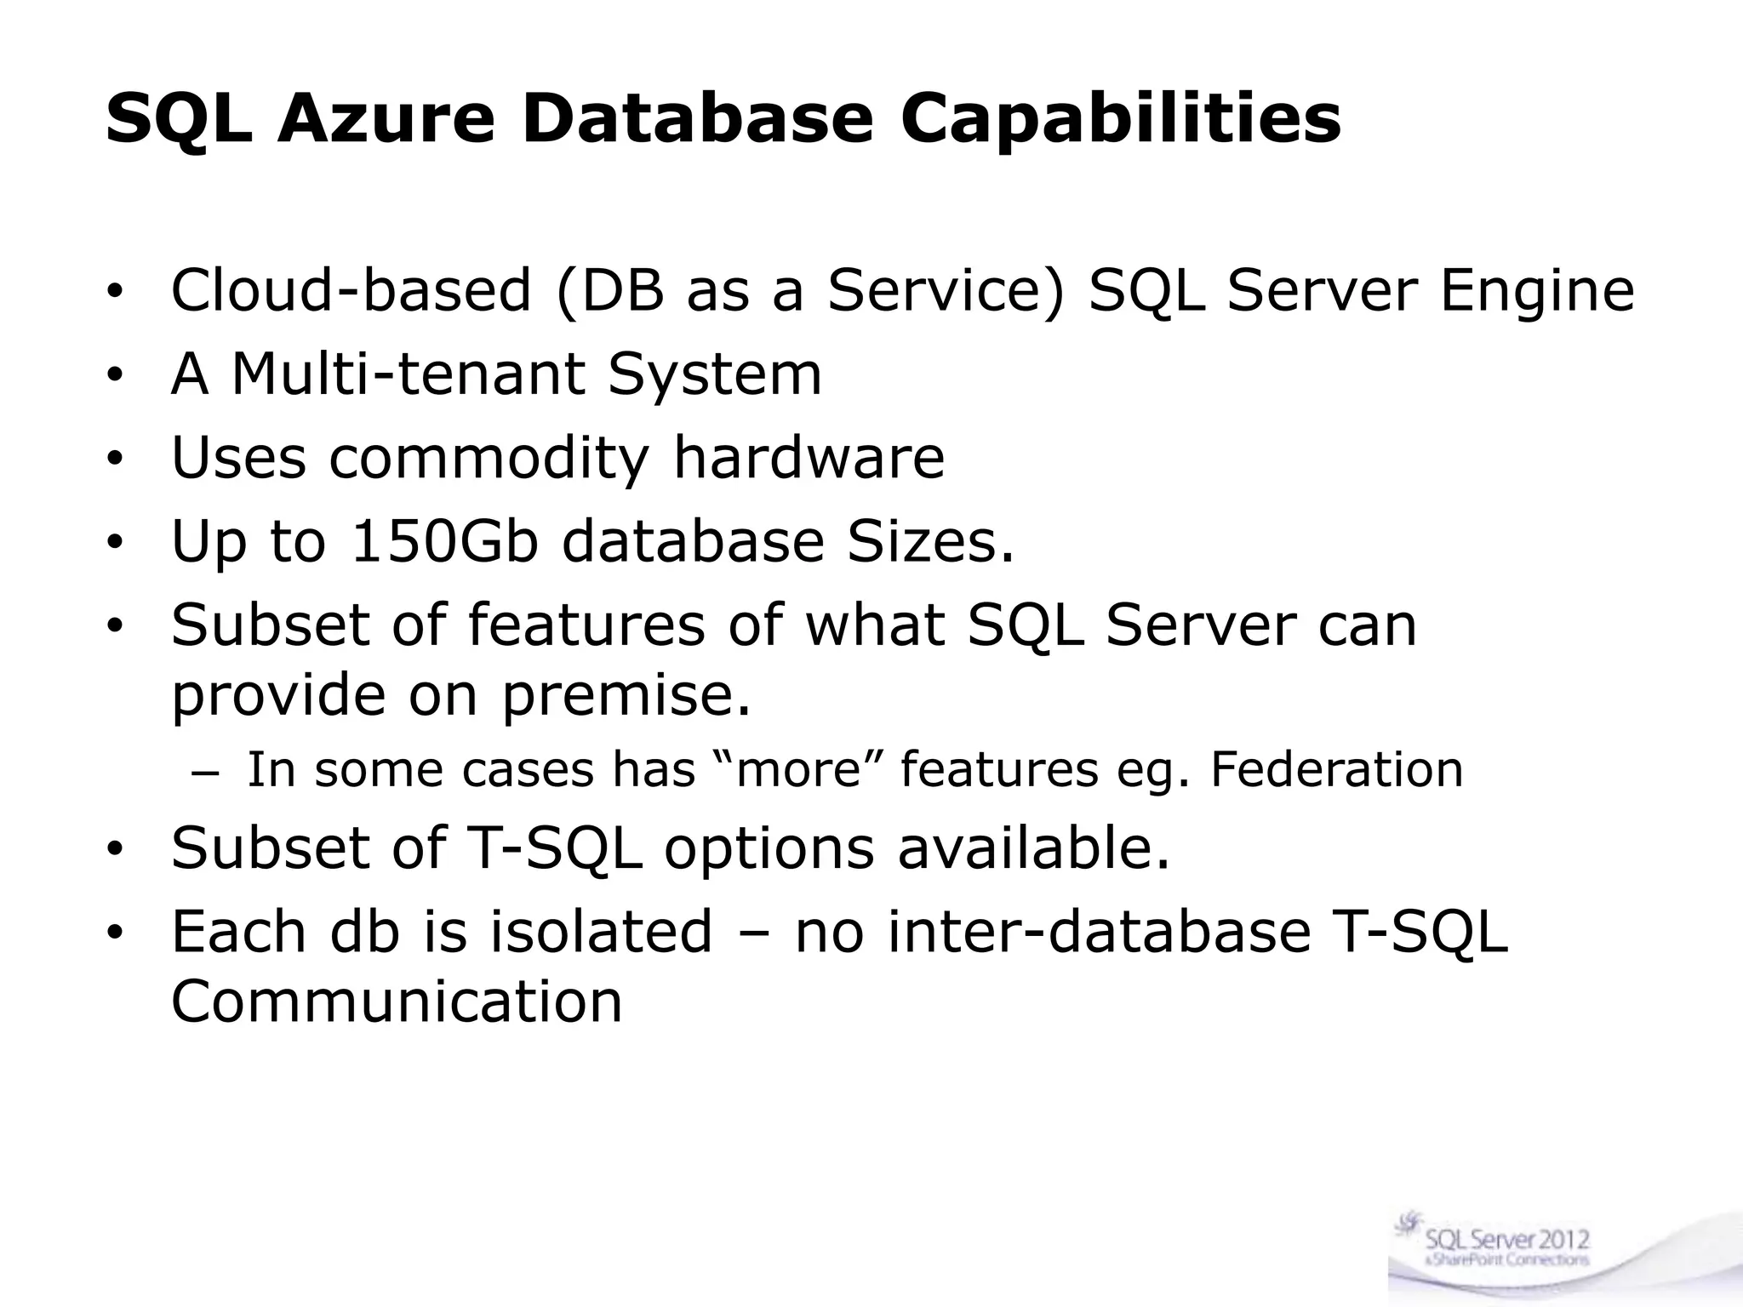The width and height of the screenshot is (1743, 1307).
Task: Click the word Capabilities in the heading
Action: tap(1121, 119)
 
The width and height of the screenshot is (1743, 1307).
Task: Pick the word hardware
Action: tap(809, 457)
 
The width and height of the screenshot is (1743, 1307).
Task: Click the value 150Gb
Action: tap(444, 541)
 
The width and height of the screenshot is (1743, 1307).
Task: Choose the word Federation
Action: tap(1336, 769)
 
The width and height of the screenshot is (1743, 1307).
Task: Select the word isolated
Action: tap(601, 931)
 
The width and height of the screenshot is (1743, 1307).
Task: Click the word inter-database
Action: tap(1099, 931)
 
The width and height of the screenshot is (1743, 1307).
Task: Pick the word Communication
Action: tap(397, 1002)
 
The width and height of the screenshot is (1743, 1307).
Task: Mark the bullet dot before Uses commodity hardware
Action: tap(116, 459)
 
